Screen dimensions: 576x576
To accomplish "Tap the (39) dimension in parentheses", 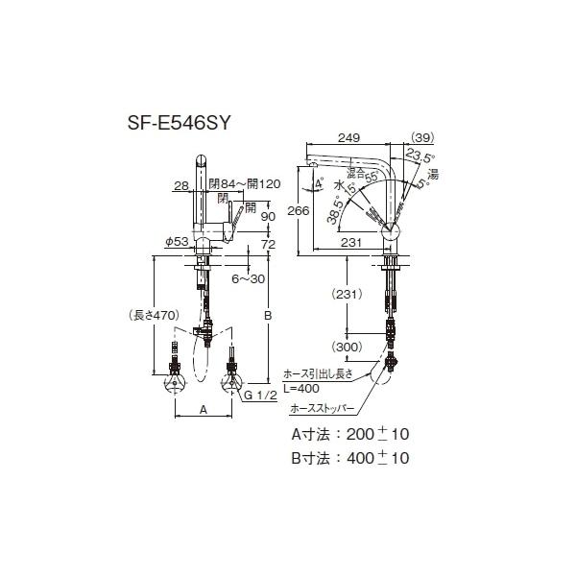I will click(x=421, y=137).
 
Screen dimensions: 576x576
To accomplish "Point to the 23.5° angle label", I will click(x=420, y=156).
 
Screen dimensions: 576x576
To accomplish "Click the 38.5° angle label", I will click(x=332, y=210).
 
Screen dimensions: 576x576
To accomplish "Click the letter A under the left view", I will click(x=203, y=408).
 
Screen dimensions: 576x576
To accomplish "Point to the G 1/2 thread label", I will click(x=261, y=396).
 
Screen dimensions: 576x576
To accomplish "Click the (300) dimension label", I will click(x=348, y=346).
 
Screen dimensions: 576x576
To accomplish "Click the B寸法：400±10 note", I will click(x=350, y=459).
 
